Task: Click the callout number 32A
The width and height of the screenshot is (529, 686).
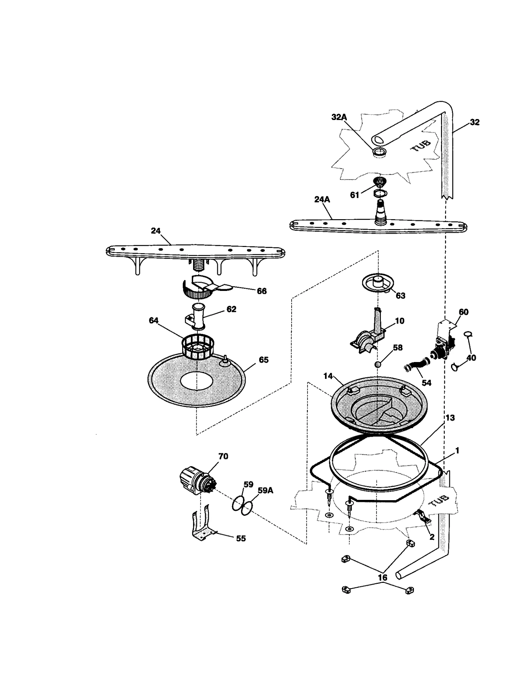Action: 339,117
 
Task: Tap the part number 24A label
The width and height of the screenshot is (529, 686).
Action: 322,199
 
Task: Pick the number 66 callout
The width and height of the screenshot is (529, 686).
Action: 262,291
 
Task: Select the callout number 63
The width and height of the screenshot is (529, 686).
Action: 400,296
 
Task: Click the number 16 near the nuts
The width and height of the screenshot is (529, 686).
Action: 382,578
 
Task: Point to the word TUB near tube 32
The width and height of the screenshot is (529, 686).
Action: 421,145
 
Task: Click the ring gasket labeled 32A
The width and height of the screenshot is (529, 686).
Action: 380,152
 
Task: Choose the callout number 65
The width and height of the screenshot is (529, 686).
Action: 264,360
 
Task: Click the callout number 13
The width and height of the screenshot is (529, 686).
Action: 450,418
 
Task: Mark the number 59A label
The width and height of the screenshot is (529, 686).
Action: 265,490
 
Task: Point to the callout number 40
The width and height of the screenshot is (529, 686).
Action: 471,358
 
